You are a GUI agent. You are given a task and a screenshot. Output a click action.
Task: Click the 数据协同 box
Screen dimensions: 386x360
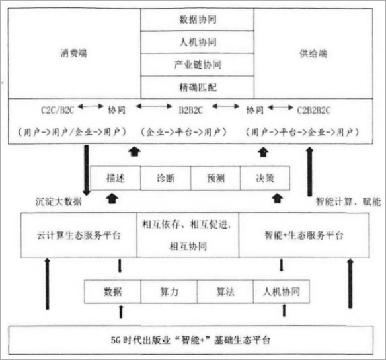click(197, 20)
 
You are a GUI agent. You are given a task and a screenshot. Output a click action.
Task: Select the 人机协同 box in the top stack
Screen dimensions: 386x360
click(197, 42)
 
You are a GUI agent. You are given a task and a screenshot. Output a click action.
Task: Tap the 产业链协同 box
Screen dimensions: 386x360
click(197, 65)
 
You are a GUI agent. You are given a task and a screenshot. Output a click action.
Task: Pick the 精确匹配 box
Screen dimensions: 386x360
click(197, 87)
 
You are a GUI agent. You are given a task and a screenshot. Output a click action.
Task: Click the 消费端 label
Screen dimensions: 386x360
click(73, 53)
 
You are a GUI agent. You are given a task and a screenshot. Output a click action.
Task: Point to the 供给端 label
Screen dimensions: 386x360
click(313, 54)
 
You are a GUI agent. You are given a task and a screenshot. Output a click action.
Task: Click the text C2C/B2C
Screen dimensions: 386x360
click(58, 110)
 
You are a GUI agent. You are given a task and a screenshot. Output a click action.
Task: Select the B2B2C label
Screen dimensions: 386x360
click(191, 110)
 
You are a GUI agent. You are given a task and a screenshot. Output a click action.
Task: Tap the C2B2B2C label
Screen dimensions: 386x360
click(313, 110)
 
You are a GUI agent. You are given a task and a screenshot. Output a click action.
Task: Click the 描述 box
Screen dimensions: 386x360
click(116, 178)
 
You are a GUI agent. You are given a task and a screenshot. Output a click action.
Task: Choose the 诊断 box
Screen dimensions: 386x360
click(166, 178)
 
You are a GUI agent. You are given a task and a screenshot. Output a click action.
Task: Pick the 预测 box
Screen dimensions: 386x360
click(215, 178)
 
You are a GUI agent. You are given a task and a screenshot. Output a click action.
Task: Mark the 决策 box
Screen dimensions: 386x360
click(265, 178)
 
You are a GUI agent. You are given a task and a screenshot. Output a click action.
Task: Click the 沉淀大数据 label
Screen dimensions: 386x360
click(59, 202)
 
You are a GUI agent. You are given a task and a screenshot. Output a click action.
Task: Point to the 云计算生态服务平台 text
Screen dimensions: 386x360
click(79, 235)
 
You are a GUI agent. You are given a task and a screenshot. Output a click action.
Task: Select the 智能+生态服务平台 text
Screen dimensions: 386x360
click(304, 235)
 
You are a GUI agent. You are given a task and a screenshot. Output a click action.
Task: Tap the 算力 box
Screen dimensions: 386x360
click(169, 292)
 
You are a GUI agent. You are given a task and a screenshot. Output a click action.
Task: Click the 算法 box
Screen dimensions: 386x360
click(225, 292)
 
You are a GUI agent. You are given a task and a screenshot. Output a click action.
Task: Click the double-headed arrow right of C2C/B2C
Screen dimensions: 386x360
click(91, 106)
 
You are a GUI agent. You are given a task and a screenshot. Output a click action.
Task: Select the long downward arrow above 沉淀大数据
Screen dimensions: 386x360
click(87, 170)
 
